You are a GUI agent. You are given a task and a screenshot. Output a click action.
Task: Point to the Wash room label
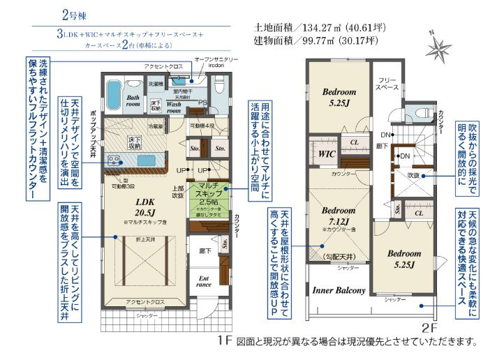click(174, 107)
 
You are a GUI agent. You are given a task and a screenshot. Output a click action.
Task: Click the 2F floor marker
click(429, 325)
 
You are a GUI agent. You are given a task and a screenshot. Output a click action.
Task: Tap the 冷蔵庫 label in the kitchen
click(156, 126)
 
